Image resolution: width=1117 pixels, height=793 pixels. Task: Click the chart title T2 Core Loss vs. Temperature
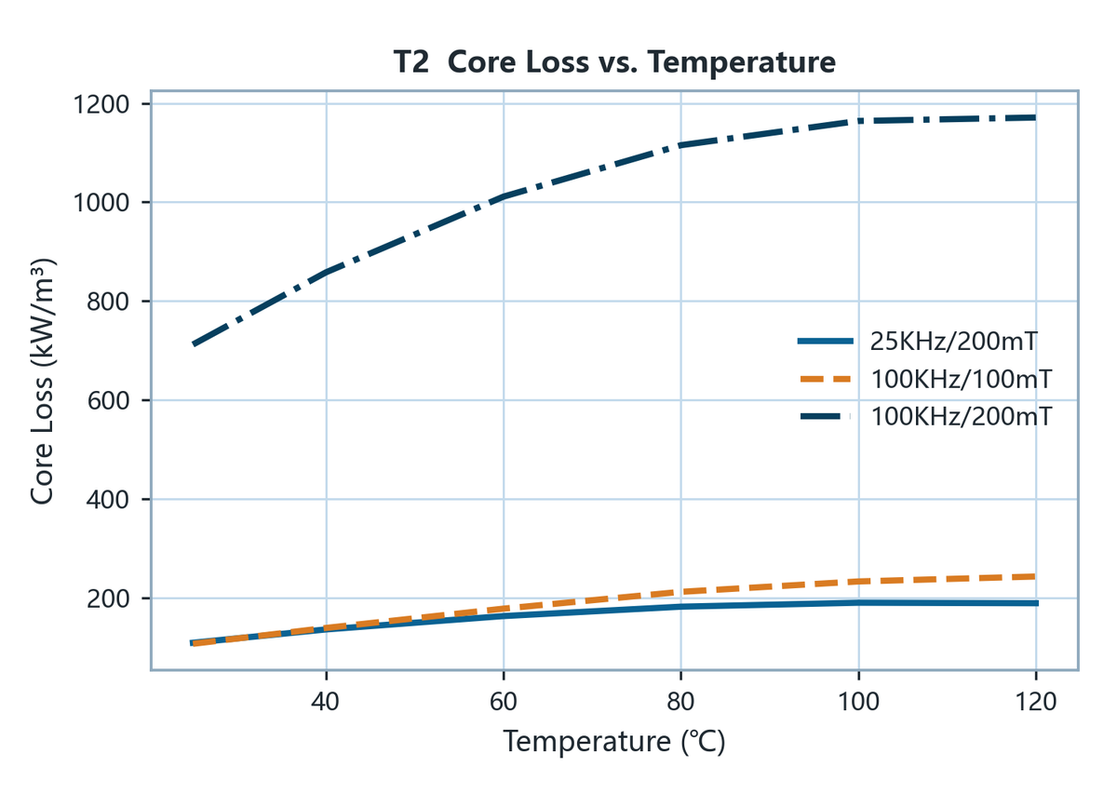pyautogui.click(x=614, y=62)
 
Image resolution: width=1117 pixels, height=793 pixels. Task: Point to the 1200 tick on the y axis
pyautogui.click(x=101, y=105)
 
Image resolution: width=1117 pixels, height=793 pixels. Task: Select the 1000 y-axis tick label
pyautogui.click(x=101, y=203)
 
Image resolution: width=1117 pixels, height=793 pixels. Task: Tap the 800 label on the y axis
pyautogui.click(x=108, y=302)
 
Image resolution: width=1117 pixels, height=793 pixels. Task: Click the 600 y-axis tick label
pyautogui.click(x=108, y=401)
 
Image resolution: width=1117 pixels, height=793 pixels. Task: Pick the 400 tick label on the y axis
pyautogui.click(x=108, y=500)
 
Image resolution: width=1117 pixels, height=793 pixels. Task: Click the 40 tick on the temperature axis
pyautogui.click(x=325, y=702)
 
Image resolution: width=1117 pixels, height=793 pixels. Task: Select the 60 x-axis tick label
pyautogui.click(x=504, y=702)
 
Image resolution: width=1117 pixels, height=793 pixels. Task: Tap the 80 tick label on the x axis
pyautogui.click(x=680, y=702)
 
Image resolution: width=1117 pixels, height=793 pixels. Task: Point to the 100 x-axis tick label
pyautogui.click(x=858, y=702)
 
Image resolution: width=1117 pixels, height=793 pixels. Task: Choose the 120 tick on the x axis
pyautogui.click(x=1036, y=702)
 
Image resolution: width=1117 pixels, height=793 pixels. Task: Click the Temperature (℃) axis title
pyautogui.click(x=613, y=742)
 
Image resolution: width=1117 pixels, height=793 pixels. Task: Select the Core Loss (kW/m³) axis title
pyautogui.click(x=42, y=382)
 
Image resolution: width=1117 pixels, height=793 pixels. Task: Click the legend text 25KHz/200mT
pyautogui.click(x=954, y=342)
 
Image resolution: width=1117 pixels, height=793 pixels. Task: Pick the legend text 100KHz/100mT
pyautogui.click(x=962, y=379)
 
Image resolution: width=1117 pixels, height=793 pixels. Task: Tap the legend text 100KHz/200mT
pyautogui.click(x=962, y=416)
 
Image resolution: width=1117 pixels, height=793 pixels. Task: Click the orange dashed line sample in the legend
pyautogui.click(x=826, y=380)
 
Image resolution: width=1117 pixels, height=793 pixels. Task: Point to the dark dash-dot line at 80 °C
pyautogui.click(x=680, y=145)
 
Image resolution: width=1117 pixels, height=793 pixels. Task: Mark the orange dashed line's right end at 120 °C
pyautogui.click(x=1035, y=577)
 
